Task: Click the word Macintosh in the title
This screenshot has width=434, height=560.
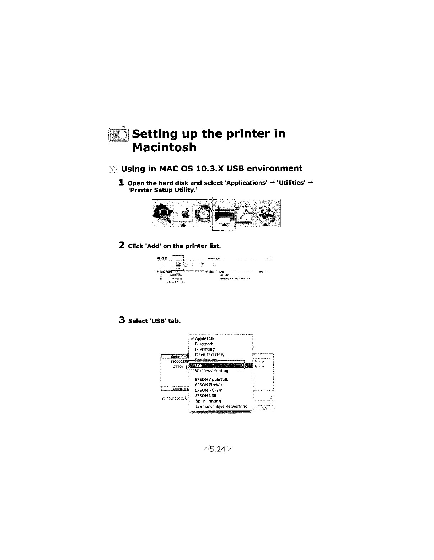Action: (x=164, y=147)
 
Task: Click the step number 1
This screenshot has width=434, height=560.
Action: (x=121, y=183)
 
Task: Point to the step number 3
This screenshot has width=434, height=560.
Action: (x=122, y=320)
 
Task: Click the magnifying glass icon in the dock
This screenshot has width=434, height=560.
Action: (x=161, y=214)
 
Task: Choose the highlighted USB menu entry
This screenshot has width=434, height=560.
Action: (x=199, y=366)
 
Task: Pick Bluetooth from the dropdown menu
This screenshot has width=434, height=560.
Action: (x=204, y=344)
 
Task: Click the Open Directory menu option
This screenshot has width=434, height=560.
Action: (x=210, y=355)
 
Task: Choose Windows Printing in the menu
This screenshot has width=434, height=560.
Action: (x=212, y=371)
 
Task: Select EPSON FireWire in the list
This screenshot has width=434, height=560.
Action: (x=210, y=385)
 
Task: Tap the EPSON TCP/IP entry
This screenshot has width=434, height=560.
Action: (x=209, y=390)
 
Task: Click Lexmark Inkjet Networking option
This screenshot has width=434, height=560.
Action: (x=221, y=406)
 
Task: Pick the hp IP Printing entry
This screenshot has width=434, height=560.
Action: (x=208, y=401)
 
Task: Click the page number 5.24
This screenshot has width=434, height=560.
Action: (x=217, y=449)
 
